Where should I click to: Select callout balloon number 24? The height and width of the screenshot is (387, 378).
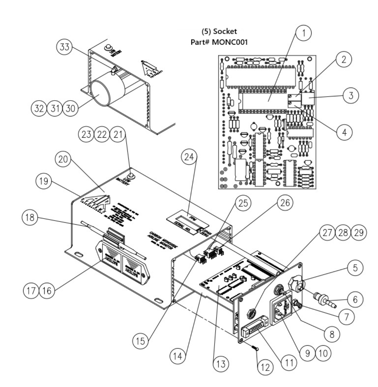pos(189,158)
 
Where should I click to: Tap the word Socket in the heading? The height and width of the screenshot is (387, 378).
pos(225,32)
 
